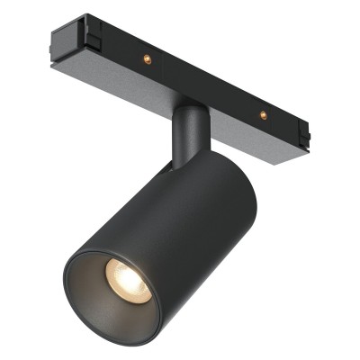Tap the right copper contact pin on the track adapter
(263, 114)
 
